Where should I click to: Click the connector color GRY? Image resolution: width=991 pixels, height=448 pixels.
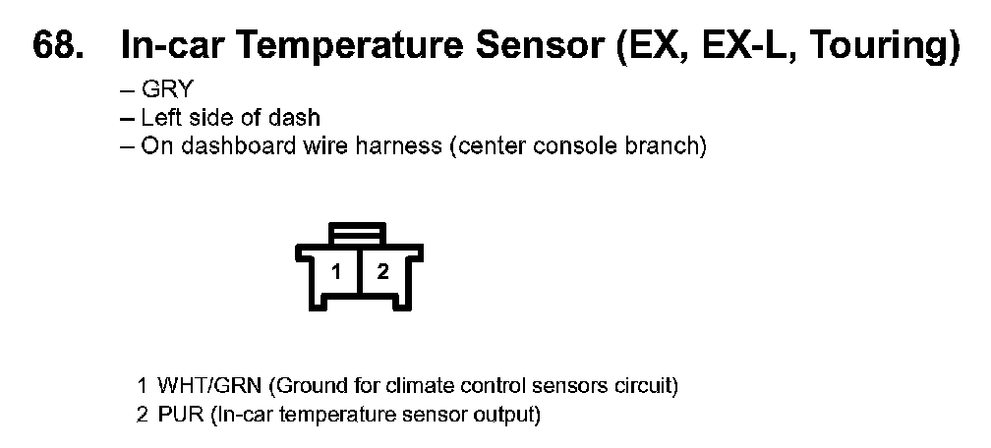[x=166, y=89]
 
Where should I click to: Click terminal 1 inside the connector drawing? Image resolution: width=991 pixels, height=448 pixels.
[x=336, y=272]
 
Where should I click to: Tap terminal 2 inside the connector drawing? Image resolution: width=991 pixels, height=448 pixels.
[x=383, y=272]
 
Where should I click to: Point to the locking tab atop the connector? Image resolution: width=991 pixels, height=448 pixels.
[x=358, y=233]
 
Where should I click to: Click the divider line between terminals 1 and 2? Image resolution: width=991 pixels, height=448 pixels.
[x=359, y=271]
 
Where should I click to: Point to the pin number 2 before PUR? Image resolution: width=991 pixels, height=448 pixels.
[x=143, y=416]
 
